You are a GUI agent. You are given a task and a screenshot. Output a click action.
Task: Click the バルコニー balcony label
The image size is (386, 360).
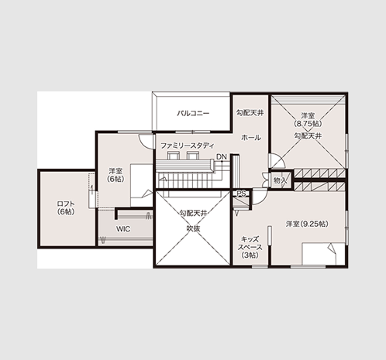click(x=193, y=113)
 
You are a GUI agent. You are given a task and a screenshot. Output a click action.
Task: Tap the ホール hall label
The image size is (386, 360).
click(x=251, y=138)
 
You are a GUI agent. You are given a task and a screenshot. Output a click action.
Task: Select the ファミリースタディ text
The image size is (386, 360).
click(x=188, y=146)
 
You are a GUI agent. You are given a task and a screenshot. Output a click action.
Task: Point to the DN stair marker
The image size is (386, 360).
click(x=221, y=156)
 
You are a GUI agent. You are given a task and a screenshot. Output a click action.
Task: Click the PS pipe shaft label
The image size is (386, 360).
click(x=241, y=194)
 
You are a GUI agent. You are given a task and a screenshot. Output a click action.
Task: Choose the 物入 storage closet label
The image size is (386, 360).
click(x=281, y=180)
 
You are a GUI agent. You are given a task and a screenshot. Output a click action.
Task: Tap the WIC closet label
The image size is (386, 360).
click(x=123, y=229)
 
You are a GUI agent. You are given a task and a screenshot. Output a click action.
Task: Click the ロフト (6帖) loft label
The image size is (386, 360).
click(x=66, y=207)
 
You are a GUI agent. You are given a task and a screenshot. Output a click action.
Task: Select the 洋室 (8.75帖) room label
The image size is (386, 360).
click(x=308, y=119)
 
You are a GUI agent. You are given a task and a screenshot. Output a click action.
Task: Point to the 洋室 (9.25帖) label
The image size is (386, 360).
click(x=307, y=224)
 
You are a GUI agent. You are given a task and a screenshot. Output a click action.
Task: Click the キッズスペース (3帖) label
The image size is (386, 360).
click(x=250, y=247)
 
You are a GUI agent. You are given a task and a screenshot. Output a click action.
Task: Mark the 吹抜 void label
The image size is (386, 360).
click(x=194, y=228)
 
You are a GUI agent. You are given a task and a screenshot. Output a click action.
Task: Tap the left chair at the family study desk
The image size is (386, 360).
click(x=173, y=156)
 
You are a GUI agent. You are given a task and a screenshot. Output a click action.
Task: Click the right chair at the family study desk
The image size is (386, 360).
click(x=193, y=156)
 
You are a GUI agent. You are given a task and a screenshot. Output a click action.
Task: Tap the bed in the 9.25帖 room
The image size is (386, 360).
click(x=323, y=253)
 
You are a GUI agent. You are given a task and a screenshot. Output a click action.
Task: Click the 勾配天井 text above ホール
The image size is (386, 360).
click(x=250, y=113)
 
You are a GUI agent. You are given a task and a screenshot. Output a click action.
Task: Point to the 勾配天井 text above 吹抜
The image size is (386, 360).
click(x=194, y=213)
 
